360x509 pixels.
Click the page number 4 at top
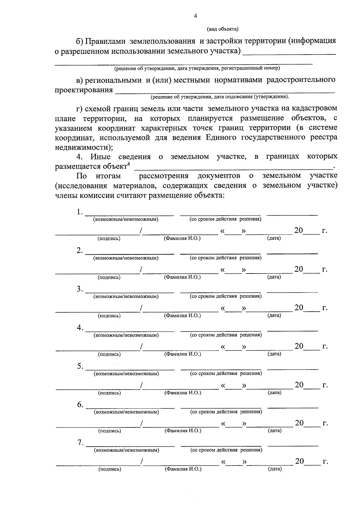(196, 16)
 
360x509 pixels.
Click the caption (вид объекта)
(222, 29)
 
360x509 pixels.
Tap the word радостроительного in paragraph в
(301, 80)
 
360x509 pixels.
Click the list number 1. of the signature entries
(79, 212)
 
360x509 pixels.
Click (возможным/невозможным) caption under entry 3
(126, 296)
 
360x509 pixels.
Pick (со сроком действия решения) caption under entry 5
(226, 373)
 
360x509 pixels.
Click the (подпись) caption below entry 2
(109, 277)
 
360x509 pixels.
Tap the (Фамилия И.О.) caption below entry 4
(183, 354)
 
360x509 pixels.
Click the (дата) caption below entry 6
(274, 430)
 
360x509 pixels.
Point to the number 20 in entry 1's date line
(299, 230)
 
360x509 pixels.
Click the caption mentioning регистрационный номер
(197, 68)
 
